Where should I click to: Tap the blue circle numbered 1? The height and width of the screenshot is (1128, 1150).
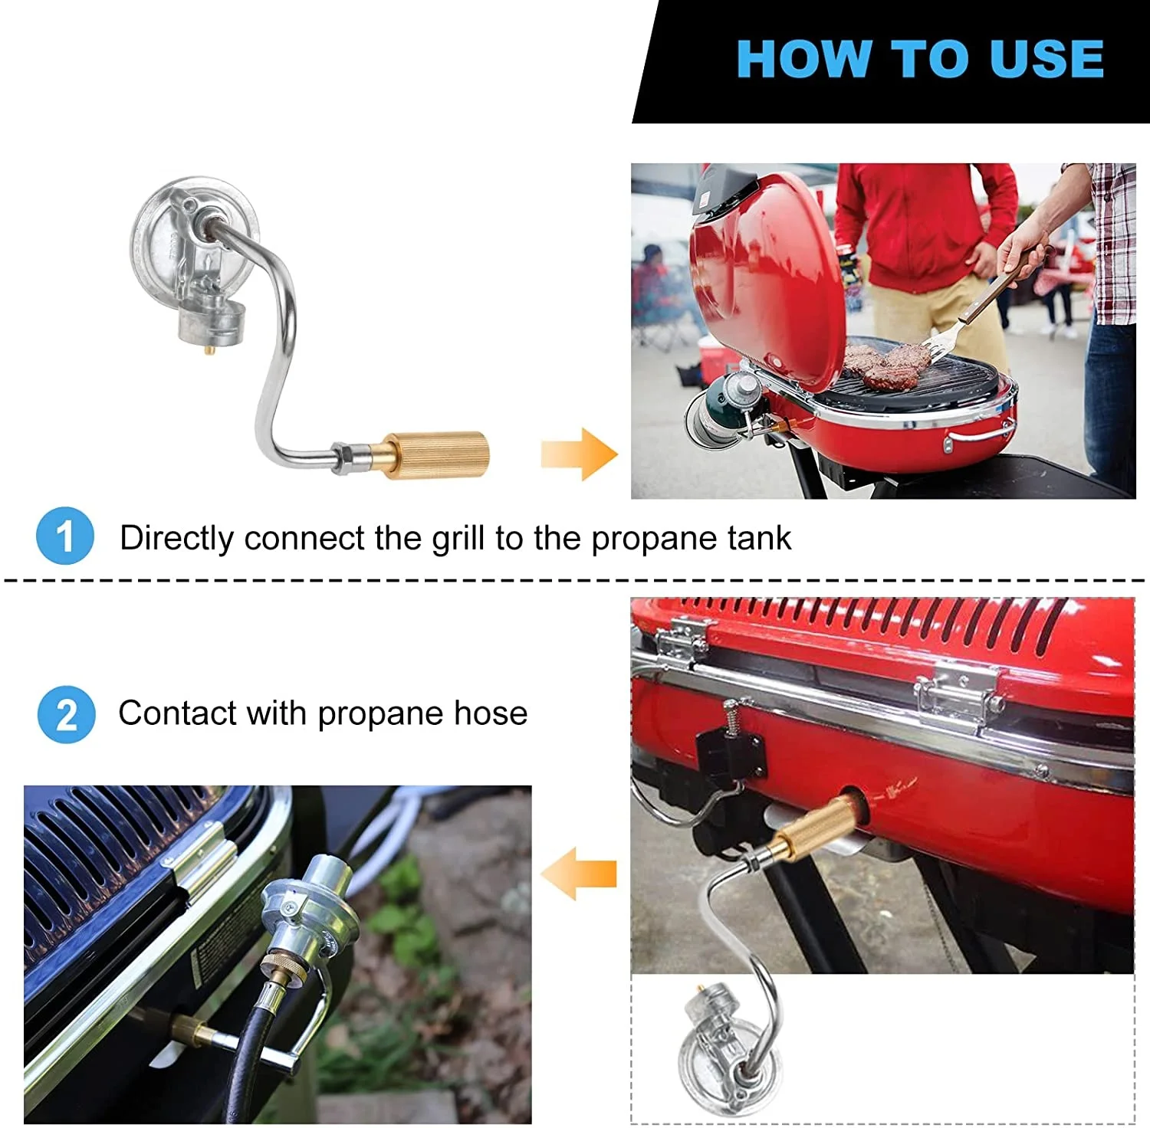(65, 536)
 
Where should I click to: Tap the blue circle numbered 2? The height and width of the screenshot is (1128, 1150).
(67, 714)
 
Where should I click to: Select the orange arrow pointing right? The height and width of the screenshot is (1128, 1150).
(579, 454)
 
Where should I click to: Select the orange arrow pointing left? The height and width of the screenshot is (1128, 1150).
(578, 874)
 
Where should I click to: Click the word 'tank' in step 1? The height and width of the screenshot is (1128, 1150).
(759, 538)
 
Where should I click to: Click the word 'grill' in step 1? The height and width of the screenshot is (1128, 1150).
(459, 539)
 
